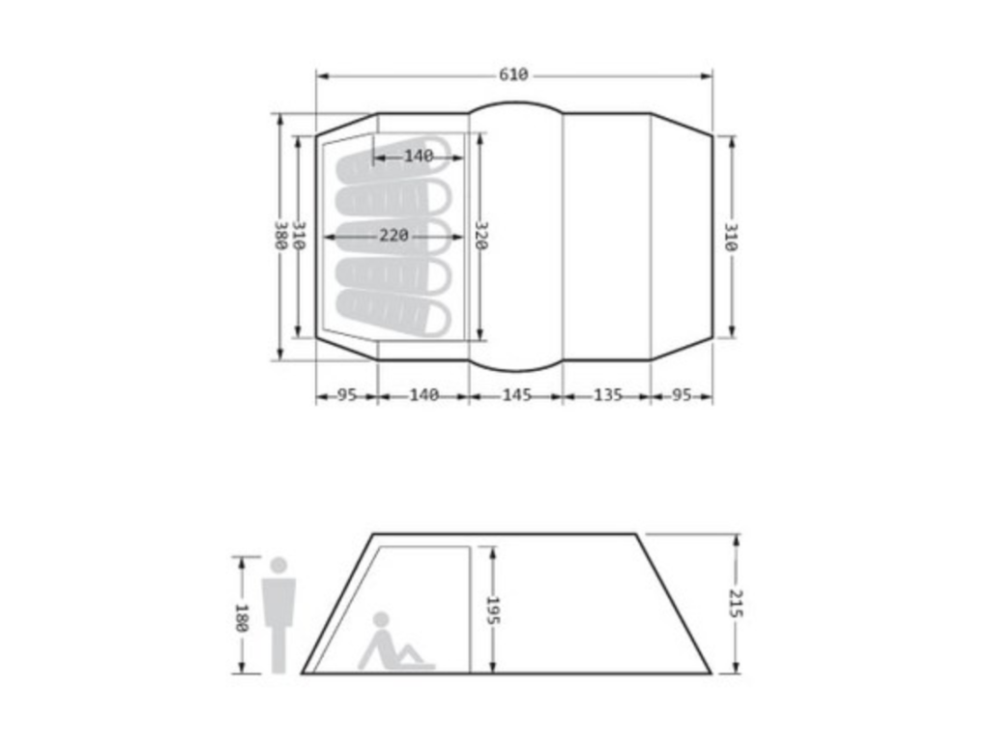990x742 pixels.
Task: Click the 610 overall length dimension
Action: pos(513,75)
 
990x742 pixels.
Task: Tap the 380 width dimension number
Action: pos(281,236)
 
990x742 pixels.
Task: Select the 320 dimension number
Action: pos(480,236)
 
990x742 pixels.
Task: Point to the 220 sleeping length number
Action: pos(394,236)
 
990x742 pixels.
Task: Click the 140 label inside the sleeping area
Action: pos(419,156)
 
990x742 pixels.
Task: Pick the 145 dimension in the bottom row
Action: pos(516,395)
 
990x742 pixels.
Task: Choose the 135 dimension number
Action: pos(608,395)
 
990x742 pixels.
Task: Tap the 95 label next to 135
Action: pos(682,395)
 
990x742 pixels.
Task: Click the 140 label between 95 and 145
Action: pos(424,395)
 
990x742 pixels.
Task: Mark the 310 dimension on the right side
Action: pos(731,237)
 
